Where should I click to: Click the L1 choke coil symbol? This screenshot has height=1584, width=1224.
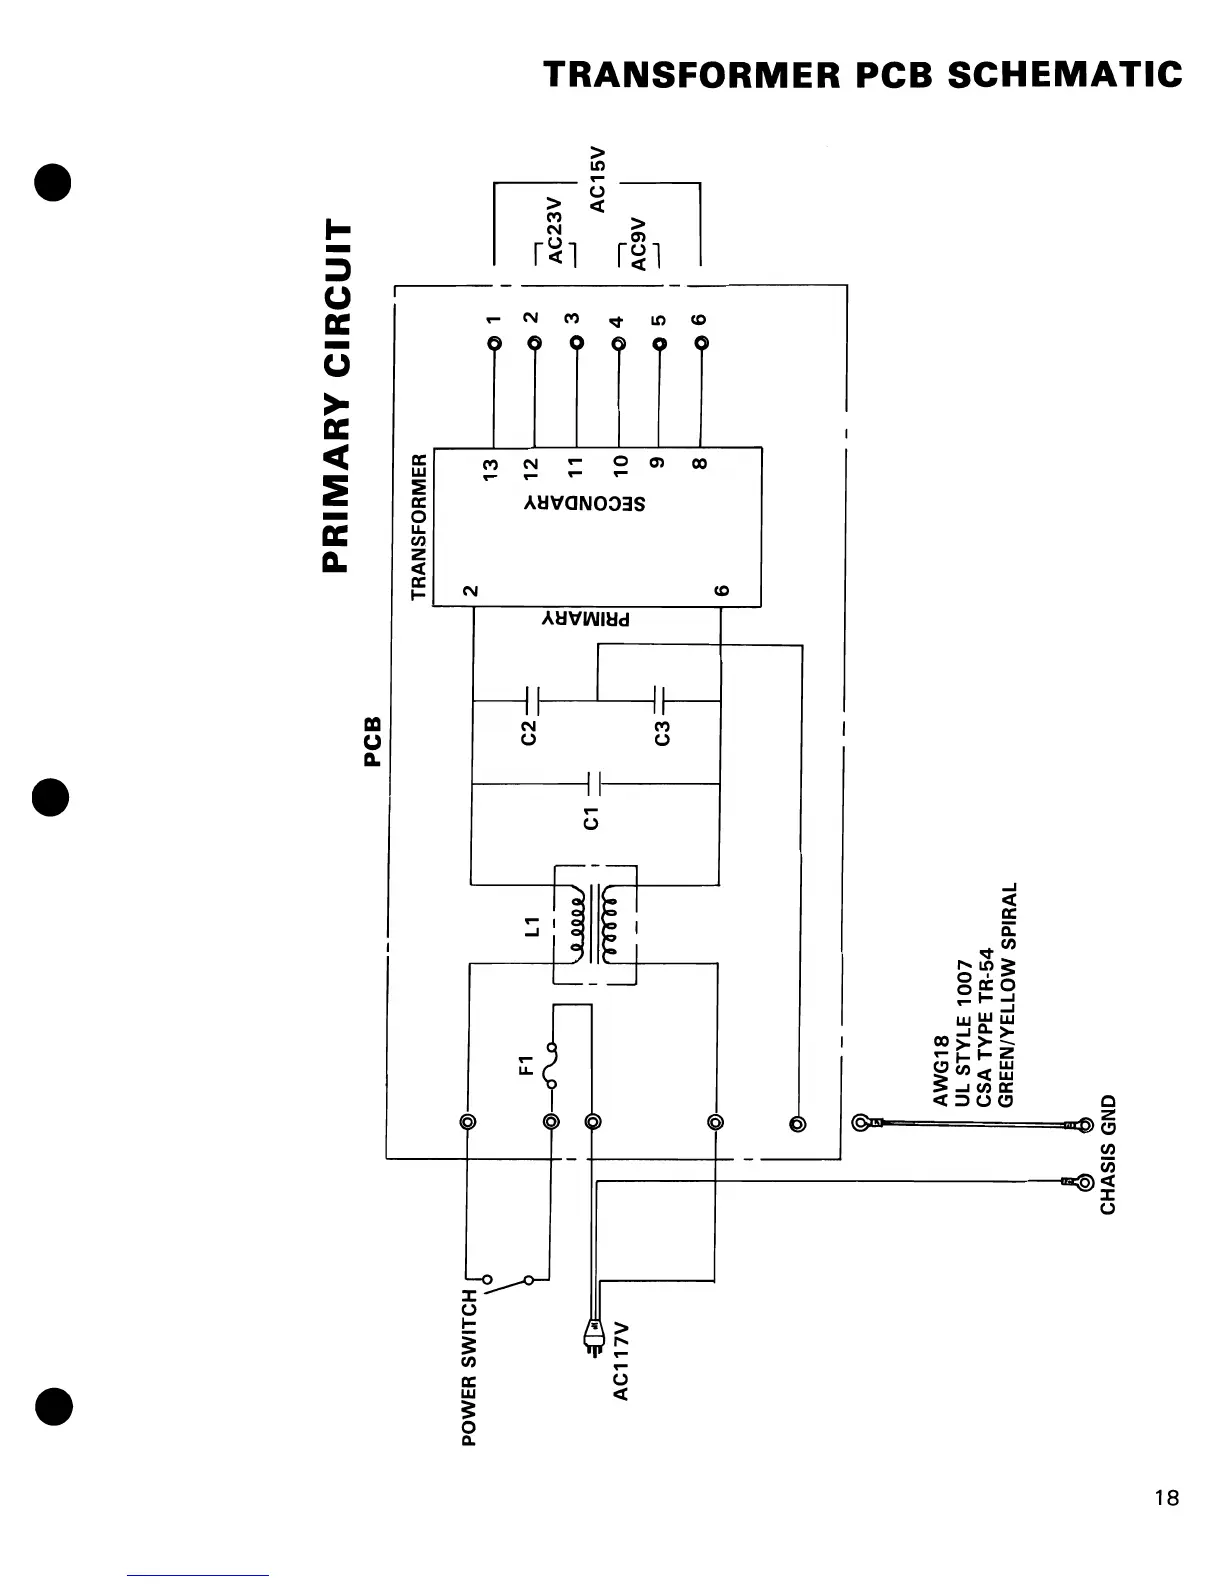(x=595, y=925)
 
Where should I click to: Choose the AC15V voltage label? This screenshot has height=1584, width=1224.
(x=598, y=179)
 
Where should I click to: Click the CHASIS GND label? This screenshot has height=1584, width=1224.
(x=1108, y=1155)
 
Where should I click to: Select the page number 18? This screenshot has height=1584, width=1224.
(x=1166, y=1498)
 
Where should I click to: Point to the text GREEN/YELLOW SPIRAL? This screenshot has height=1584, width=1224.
(x=1009, y=994)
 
